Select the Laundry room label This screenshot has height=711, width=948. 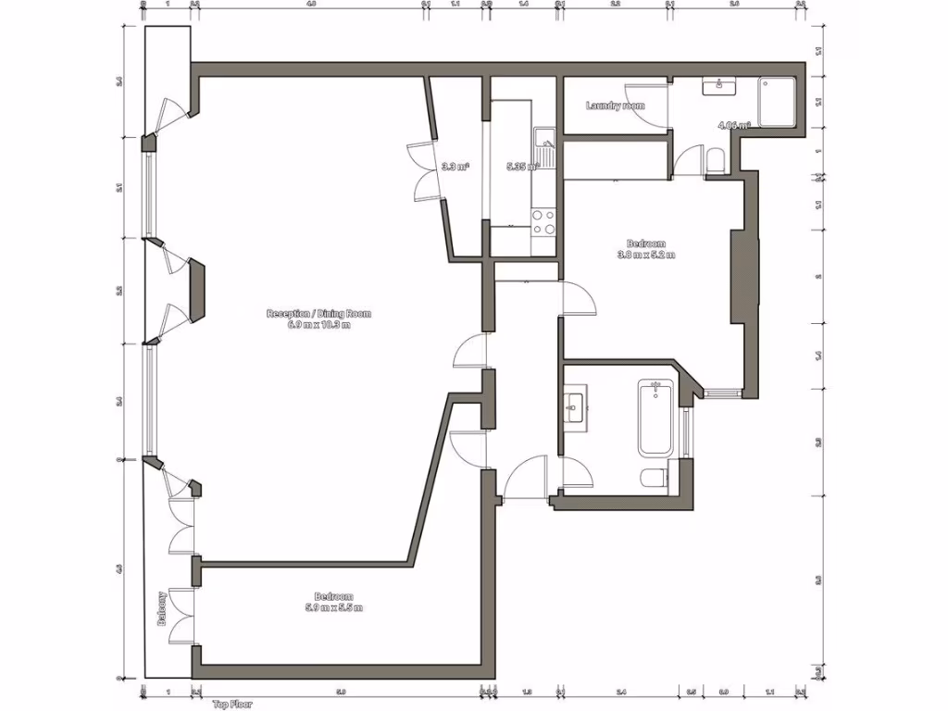click(615, 106)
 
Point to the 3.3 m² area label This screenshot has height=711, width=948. click(454, 168)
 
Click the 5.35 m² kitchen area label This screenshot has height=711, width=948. click(521, 168)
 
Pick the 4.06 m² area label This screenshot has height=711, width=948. click(733, 124)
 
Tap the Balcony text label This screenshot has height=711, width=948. click(162, 609)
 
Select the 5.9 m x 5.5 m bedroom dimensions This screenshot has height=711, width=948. click(333, 607)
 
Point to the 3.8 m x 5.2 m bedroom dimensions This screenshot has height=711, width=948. click(647, 255)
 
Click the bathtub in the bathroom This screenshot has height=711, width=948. click(655, 418)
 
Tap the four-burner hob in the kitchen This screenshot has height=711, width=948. click(543, 222)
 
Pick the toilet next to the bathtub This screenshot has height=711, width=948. click(653, 477)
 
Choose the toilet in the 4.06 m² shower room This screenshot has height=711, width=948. click(715, 163)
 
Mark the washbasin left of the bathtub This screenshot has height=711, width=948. click(574, 405)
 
